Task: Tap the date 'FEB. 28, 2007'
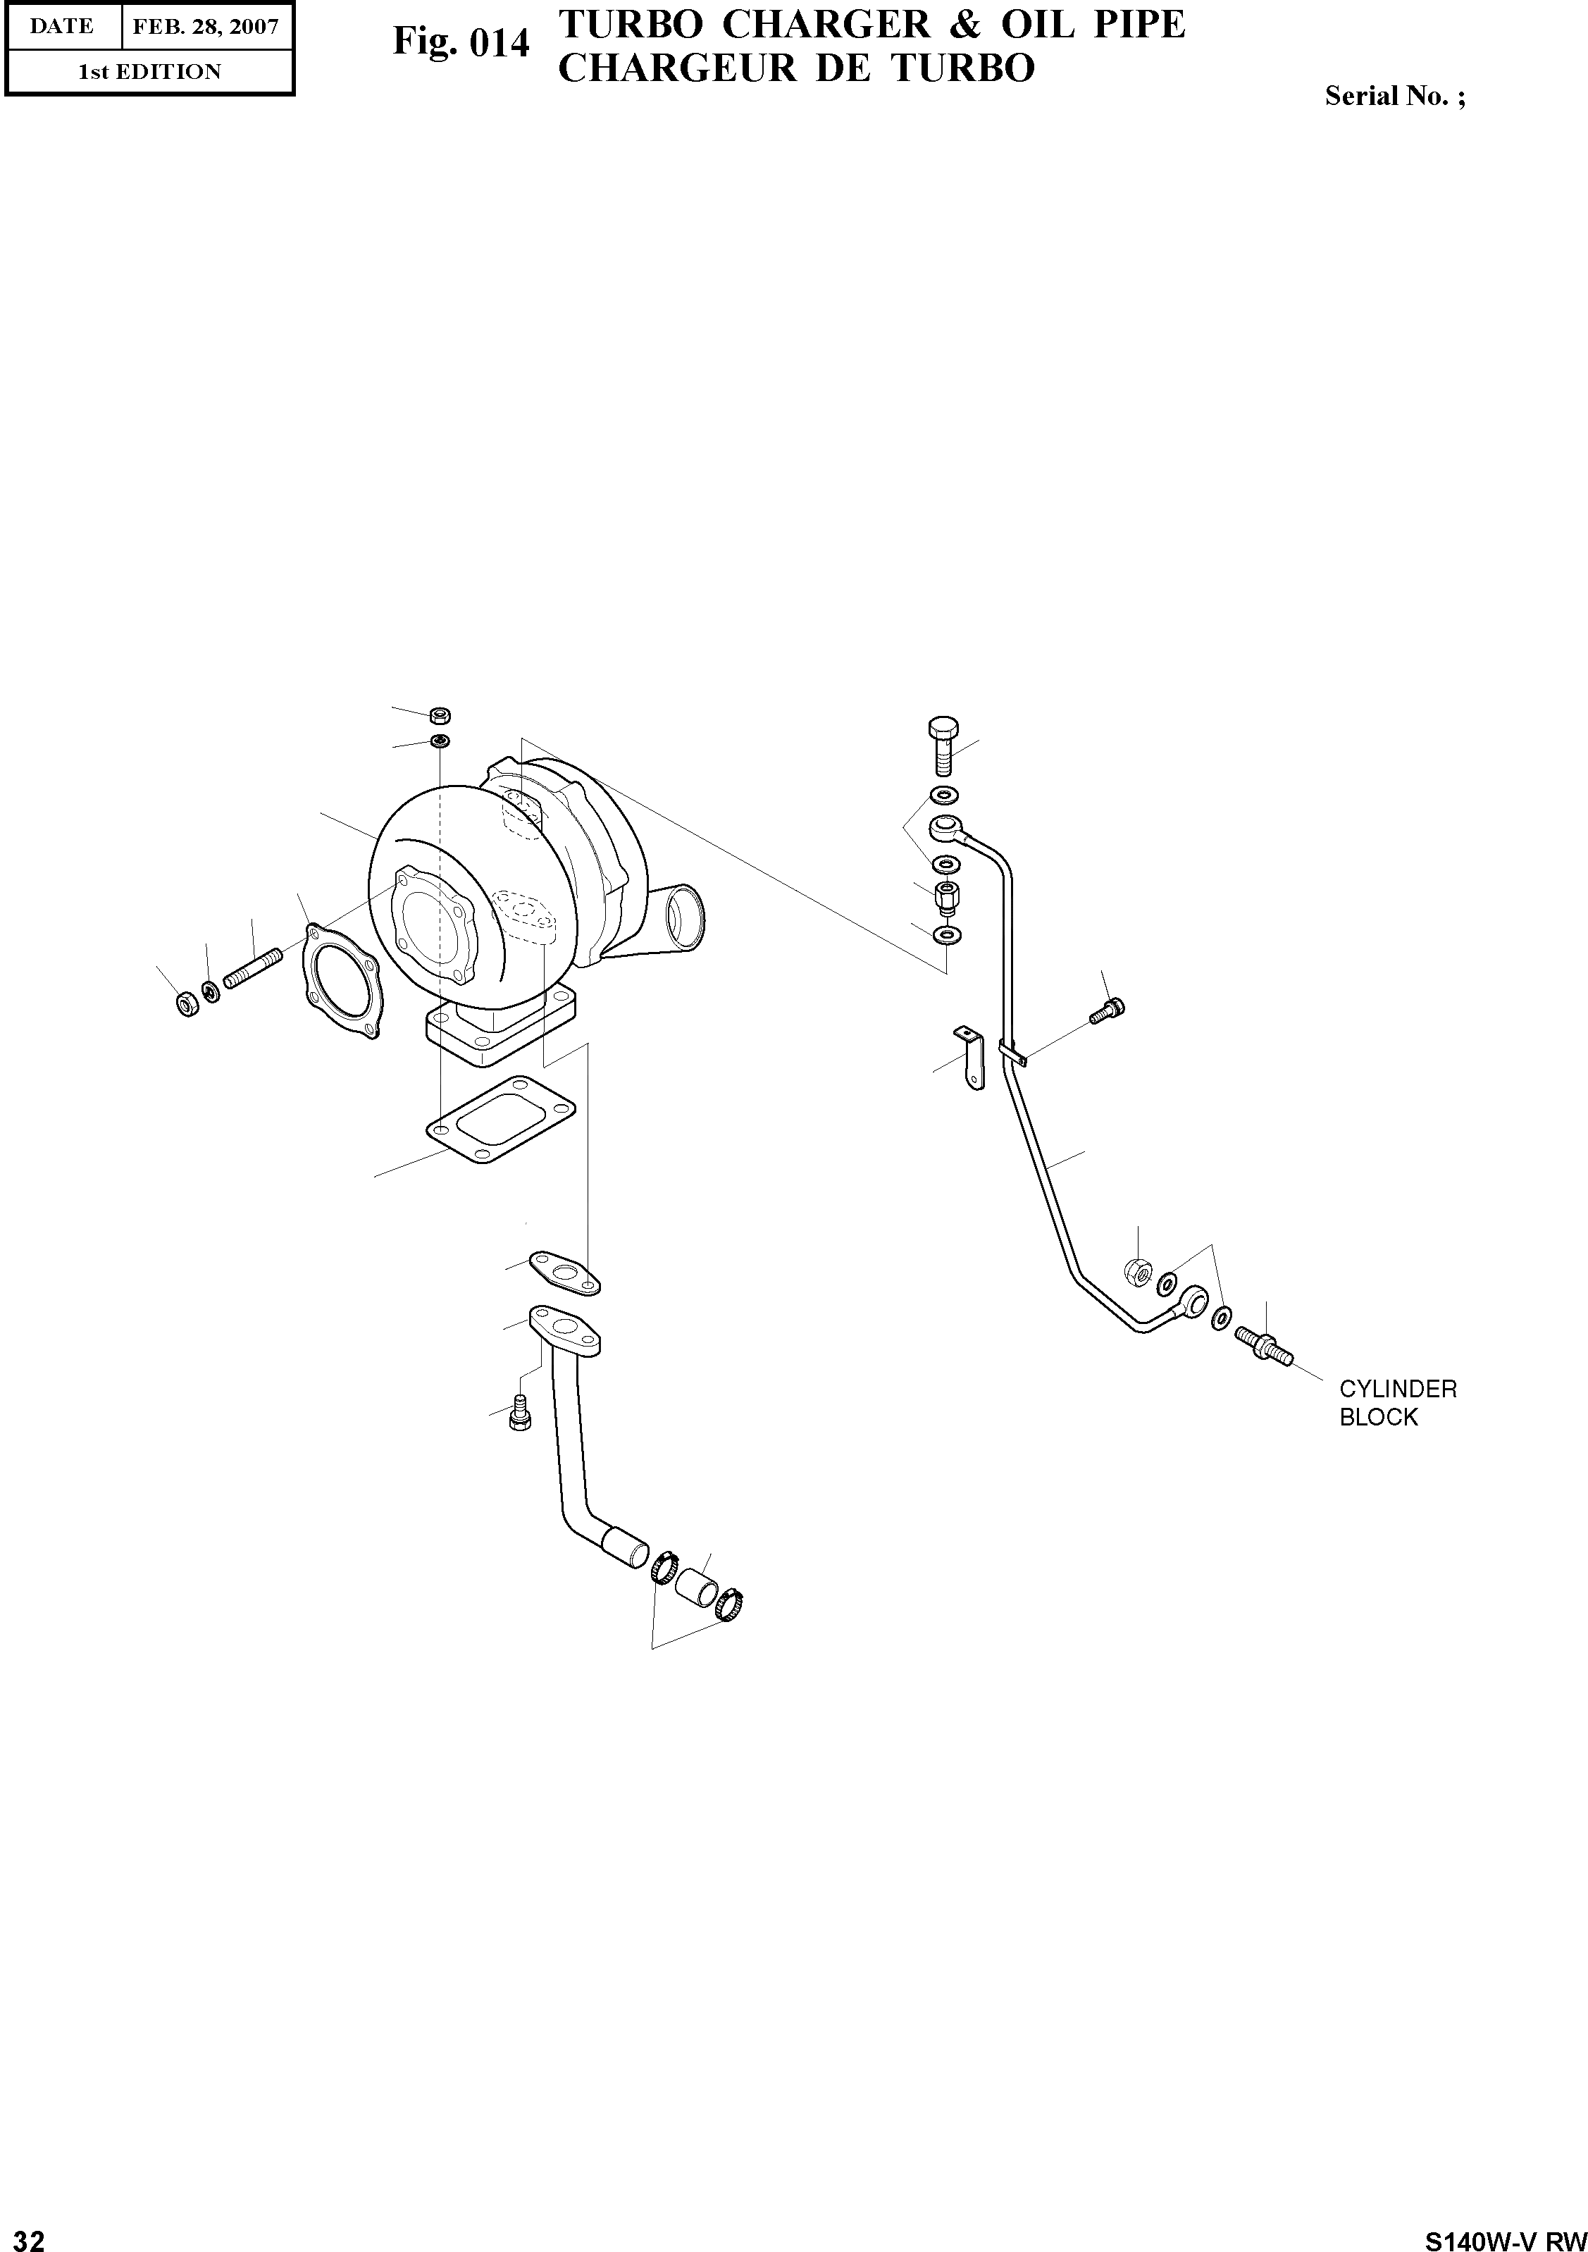pos(206,27)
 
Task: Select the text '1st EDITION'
pos(149,72)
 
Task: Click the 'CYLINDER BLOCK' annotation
pos(1398,1403)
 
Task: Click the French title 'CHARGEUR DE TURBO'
pos(795,68)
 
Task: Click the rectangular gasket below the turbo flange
pos(503,1121)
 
